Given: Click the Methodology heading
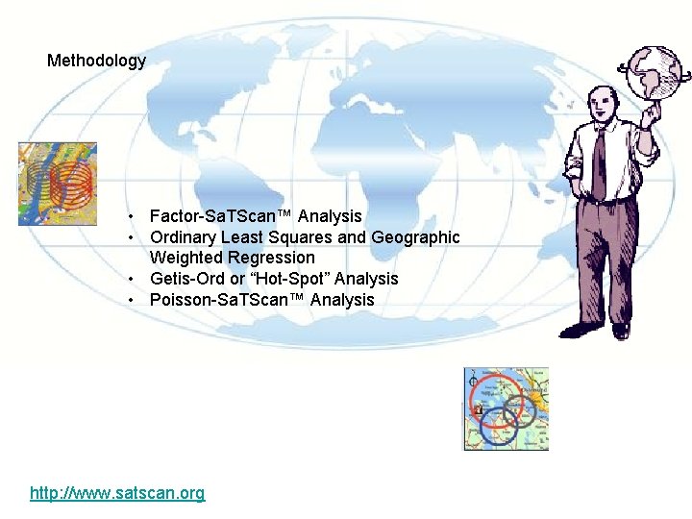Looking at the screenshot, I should [96, 61].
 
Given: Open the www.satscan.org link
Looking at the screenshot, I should [117, 493].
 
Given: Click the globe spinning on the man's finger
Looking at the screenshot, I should [653, 71].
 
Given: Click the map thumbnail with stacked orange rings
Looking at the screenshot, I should [57, 184].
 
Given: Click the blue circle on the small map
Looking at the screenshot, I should [499, 424].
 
